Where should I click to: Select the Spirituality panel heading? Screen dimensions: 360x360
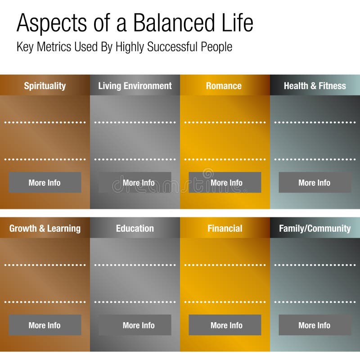45,85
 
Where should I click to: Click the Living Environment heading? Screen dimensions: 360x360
135,85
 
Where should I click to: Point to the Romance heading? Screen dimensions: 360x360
224,85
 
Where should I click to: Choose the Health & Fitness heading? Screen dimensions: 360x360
315,85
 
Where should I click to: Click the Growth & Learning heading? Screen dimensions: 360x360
45,228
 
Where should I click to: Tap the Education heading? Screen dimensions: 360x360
135,228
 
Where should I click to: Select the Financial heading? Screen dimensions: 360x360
225,228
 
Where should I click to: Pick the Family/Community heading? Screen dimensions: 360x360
315,228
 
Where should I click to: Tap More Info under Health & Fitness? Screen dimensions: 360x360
315,182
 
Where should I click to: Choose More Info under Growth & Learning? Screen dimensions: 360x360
45,325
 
